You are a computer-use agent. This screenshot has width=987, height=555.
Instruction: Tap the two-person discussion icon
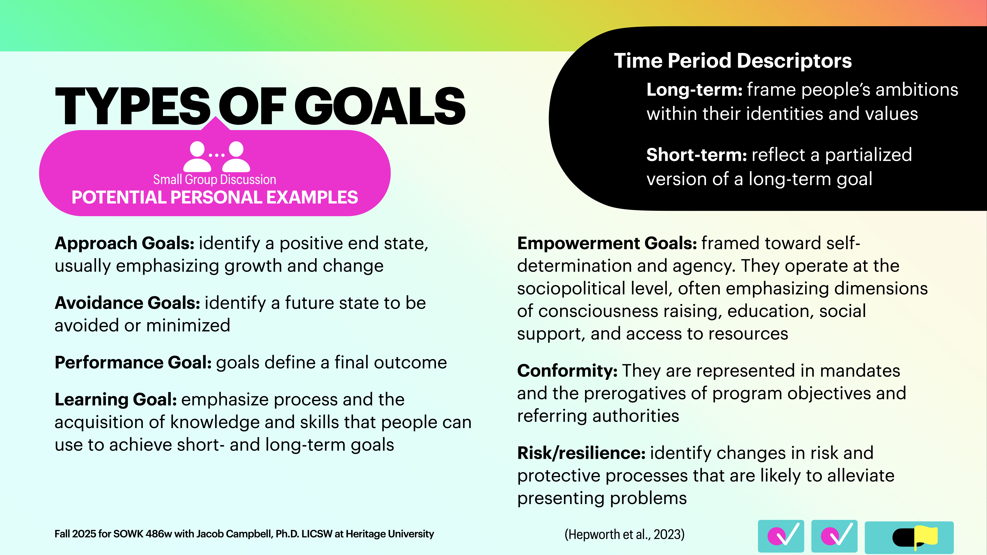point(216,156)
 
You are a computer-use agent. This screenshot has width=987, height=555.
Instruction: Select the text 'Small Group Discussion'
point(215,180)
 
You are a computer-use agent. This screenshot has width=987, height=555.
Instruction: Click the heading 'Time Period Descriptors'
point(733,61)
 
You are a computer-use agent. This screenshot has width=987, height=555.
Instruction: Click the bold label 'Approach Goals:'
point(124,244)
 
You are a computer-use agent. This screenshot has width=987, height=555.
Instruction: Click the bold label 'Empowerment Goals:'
point(607,244)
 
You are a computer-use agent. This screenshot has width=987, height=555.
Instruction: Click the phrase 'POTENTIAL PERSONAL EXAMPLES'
point(215,198)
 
